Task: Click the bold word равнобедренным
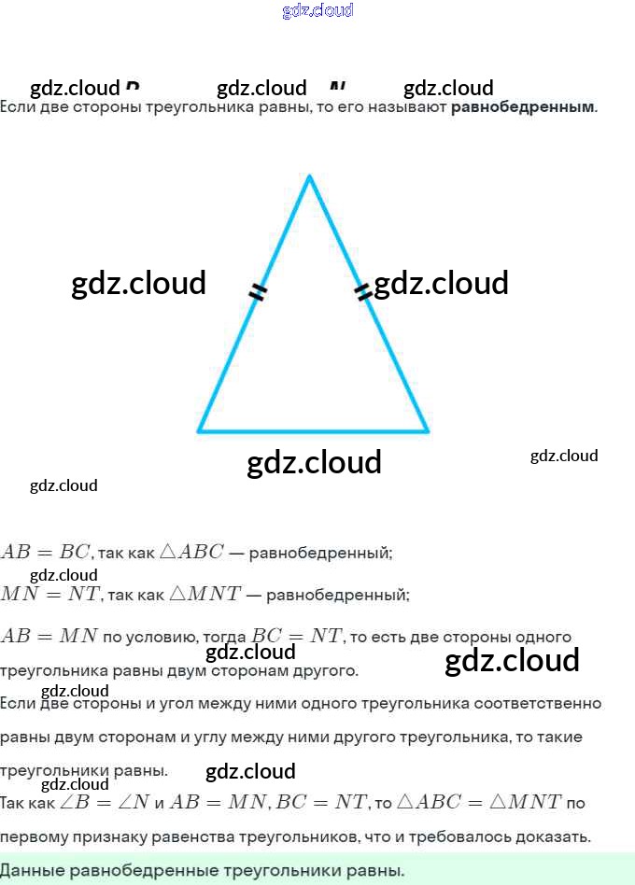coord(522,107)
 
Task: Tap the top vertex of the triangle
coord(309,176)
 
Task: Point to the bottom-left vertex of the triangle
coord(199,431)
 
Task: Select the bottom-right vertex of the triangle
coord(428,431)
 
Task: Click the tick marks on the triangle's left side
coord(258,293)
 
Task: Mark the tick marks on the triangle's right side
coord(363,292)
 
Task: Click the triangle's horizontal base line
coord(313,431)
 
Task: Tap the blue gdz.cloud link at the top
coord(317,11)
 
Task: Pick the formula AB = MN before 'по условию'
coord(49,637)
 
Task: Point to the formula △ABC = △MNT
coord(479,801)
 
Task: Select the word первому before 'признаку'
coord(35,836)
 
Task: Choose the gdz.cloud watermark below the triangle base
coord(314,462)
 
